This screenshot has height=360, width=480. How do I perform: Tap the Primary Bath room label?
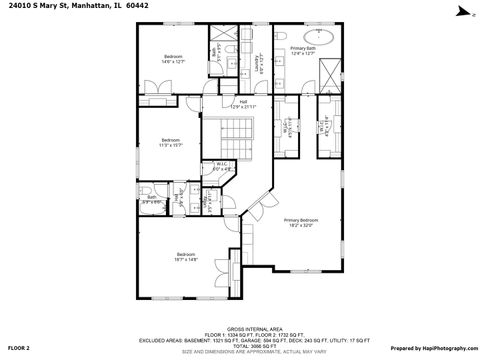pyautogui.click(x=303, y=50)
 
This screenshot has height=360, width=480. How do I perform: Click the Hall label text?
pyautogui.click(x=243, y=103)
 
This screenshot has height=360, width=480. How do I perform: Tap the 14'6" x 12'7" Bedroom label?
pyautogui.click(x=173, y=59)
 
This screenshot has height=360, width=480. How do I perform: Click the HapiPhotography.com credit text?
pyautogui.click(x=432, y=347)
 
